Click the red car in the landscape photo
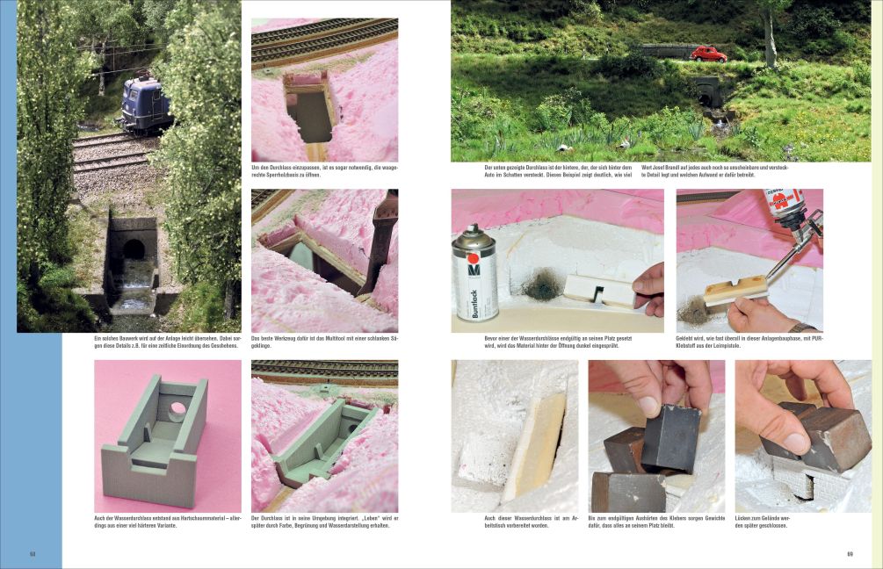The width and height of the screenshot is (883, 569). tap(707, 54)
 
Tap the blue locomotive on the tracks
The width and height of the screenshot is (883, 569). tap(146, 104)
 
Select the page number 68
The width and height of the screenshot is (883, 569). tap(33, 554)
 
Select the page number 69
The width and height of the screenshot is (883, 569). tap(850, 554)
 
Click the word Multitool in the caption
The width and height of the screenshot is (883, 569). tap(337, 338)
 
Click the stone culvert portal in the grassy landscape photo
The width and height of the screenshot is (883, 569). tap(706, 91)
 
